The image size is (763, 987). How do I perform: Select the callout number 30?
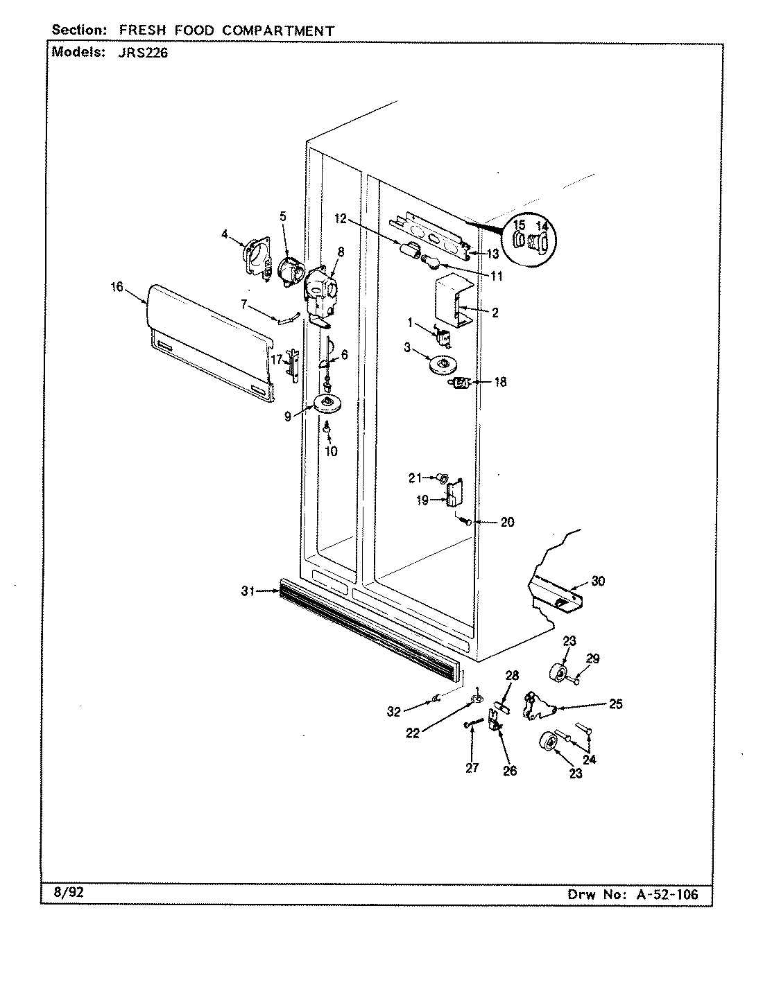pyautogui.click(x=597, y=581)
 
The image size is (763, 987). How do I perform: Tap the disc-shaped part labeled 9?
pyautogui.click(x=328, y=403)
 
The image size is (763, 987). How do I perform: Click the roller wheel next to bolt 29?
pyautogui.click(x=556, y=672)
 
